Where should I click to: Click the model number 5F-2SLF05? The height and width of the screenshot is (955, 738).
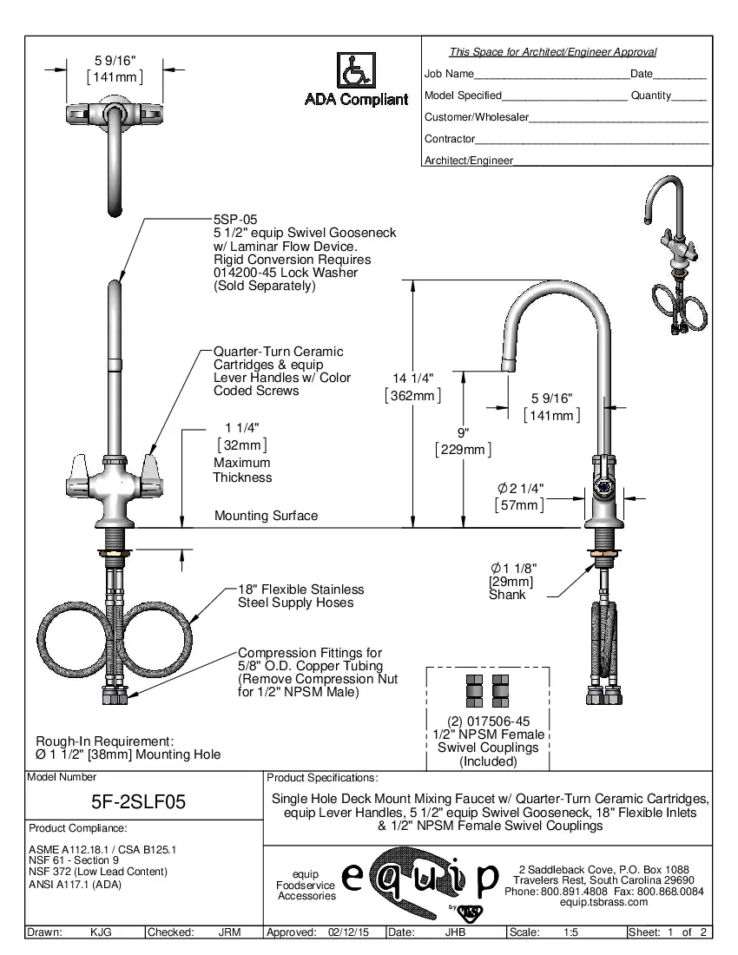pyautogui.click(x=139, y=802)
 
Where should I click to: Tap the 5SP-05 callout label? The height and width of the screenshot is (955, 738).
pyautogui.click(x=235, y=221)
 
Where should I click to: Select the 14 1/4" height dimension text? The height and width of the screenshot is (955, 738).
pyautogui.click(x=412, y=378)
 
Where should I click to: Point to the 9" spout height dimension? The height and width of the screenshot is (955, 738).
pyautogui.click(x=463, y=431)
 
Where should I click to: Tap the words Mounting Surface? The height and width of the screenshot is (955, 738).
pyautogui.click(x=266, y=516)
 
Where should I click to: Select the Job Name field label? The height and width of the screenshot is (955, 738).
pyautogui.click(x=449, y=74)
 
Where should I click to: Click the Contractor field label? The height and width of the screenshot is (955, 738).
pyautogui.click(x=449, y=139)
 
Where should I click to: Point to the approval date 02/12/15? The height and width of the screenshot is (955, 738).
pyautogui.click(x=348, y=932)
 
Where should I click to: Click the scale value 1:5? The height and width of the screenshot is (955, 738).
pyautogui.click(x=572, y=932)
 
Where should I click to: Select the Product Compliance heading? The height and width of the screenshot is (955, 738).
pyautogui.click(x=77, y=828)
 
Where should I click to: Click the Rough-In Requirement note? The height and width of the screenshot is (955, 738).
pyautogui.click(x=104, y=741)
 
